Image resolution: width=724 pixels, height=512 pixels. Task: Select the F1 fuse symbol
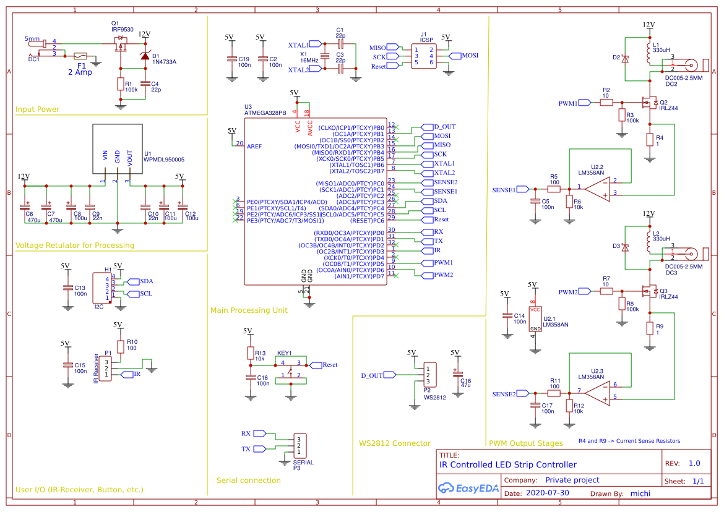click(x=80, y=56)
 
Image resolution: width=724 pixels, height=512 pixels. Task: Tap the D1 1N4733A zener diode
click(x=145, y=56)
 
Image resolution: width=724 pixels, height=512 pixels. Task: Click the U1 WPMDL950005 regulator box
click(x=117, y=149)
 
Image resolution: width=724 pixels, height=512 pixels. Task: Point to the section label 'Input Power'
click(x=37, y=109)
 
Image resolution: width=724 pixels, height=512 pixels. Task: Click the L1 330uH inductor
click(x=649, y=54)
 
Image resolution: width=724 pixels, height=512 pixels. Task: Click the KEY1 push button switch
click(x=290, y=369)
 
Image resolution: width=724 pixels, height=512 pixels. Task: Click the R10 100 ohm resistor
click(x=121, y=347)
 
